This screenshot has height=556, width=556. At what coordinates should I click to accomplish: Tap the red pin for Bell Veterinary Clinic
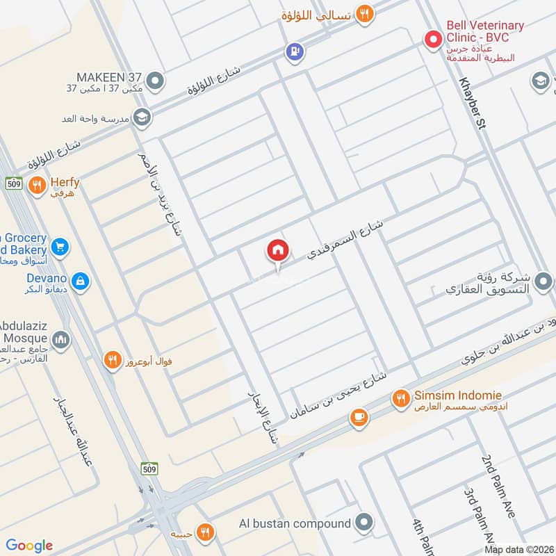434,39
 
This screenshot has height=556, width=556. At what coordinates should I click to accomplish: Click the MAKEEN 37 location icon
156,81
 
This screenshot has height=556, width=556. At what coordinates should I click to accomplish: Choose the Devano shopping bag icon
81,281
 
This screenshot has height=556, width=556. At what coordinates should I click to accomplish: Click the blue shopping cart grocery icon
60,246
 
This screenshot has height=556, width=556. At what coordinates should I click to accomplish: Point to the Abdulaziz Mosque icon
60,340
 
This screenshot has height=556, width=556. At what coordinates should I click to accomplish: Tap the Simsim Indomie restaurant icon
400,398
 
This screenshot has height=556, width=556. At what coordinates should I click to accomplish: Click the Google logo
29,546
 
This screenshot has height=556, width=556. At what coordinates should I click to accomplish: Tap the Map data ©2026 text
518,550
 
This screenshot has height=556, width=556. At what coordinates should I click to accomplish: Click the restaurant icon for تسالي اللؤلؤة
364,13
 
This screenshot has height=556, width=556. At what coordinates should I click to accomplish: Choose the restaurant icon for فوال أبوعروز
111,360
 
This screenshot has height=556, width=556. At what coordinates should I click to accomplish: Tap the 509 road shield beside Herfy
13,183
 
